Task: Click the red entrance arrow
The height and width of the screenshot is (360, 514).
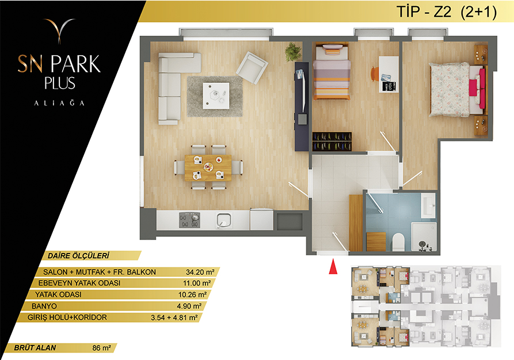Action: click(x=333, y=266)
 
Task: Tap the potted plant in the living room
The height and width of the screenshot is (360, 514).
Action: click(x=293, y=52)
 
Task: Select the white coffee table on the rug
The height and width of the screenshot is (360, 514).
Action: click(x=216, y=96)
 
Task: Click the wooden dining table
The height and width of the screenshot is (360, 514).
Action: click(x=208, y=168)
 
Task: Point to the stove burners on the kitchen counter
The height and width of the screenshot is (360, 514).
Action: click(x=189, y=220)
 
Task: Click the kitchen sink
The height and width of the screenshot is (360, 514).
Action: click(x=224, y=220)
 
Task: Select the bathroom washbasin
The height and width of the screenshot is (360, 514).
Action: click(x=428, y=206)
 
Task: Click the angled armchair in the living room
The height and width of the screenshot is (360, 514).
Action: click(x=252, y=67)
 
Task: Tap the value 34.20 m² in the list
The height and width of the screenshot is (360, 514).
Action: click(x=200, y=272)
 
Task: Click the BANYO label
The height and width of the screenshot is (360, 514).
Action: click(x=44, y=306)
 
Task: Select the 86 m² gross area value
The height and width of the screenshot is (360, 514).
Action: click(x=102, y=348)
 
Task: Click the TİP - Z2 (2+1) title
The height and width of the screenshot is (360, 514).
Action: click(x=447, y=12)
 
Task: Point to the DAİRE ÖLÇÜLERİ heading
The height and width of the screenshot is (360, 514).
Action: click(x=78, y=256)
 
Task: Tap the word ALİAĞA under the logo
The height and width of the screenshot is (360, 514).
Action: click(x=59, y=103)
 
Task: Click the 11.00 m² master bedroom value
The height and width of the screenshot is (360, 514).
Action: click(x=197, y=283)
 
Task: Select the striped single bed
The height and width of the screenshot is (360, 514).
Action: click(x=331, y=72)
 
